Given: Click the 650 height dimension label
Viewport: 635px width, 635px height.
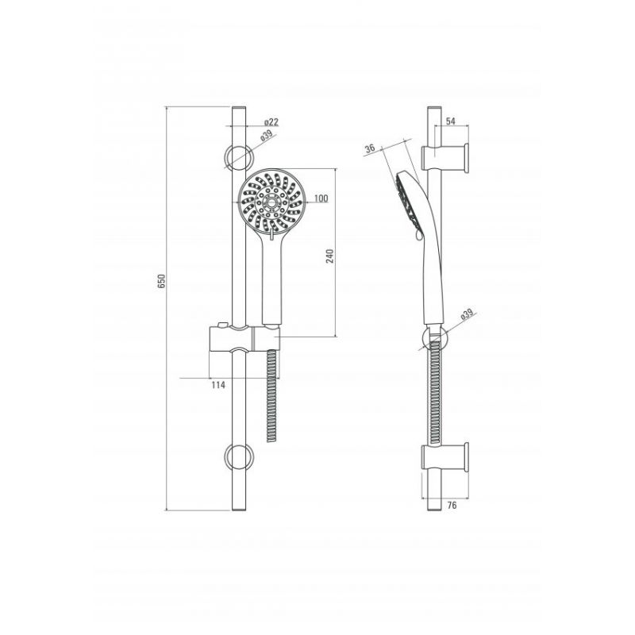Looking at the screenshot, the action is pyautogui.click(x=162, y=281).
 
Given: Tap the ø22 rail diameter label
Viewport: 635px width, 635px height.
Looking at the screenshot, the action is pyautogui.click(x=271, y=121).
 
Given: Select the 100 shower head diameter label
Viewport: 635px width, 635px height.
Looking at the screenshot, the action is pyautogui.click(x=321, y=198).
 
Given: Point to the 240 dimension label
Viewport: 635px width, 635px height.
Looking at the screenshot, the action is pyautogui.click(x=330, y=256).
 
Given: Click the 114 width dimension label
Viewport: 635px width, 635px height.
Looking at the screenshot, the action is pyautogui.click(x=218, y=385).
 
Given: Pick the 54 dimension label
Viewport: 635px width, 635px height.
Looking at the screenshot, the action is pyautogui.click(x=451, y=121).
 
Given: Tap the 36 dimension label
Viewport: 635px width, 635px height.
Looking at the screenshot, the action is pyautogui.click(x=370, y=148).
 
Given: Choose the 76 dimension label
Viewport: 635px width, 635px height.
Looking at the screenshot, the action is pyautogui.click(x=452, y=505).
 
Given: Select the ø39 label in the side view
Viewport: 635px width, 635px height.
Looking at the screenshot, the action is pyautogui.click(x=467, y=314).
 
